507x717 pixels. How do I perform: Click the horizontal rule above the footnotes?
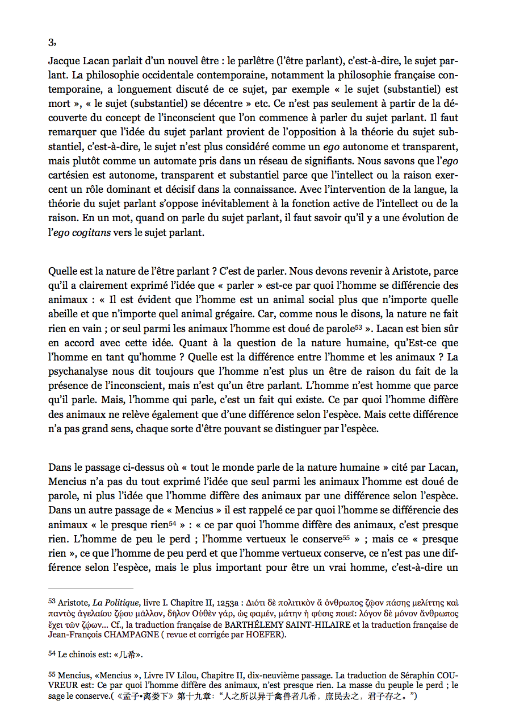[x=91, y=588]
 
